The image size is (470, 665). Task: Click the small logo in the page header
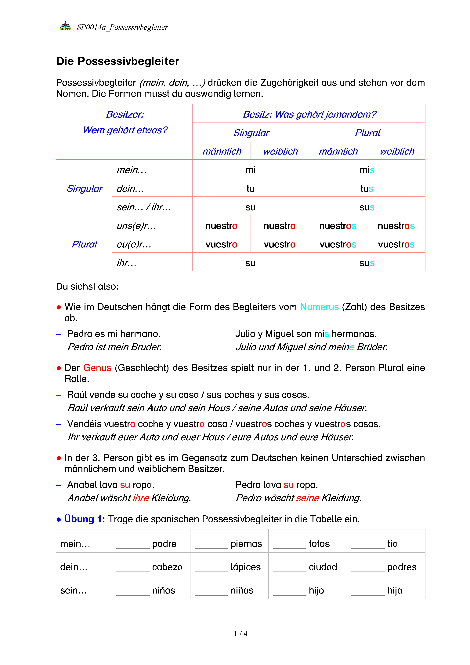(65, 26)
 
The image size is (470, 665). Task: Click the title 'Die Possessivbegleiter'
(117, 61)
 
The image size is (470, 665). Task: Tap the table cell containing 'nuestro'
(221, 226)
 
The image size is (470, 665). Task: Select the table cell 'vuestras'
(396, 244)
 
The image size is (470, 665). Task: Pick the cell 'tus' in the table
(367, 188)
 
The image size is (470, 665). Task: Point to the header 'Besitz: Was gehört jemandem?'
(309, 114)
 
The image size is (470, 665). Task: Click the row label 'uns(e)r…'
(136, 226)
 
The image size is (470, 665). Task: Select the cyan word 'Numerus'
(319, 307)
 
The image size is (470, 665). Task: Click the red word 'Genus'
(97, 368)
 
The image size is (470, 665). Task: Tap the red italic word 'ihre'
(141, 498)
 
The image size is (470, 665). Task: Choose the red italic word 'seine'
(308, 498)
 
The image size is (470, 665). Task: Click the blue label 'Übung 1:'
(85, 519)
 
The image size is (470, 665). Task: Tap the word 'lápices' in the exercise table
(245, 567)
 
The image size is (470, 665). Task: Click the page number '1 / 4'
(240, 634)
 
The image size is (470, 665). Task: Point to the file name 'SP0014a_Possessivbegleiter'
(122, 27)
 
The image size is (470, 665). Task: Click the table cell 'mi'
(250, 170)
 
